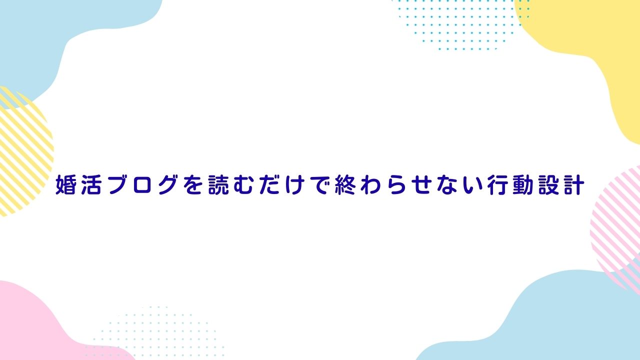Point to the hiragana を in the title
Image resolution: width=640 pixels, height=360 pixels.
[x=192, y=185]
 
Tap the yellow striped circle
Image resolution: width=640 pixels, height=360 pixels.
[x=23, y=151]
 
